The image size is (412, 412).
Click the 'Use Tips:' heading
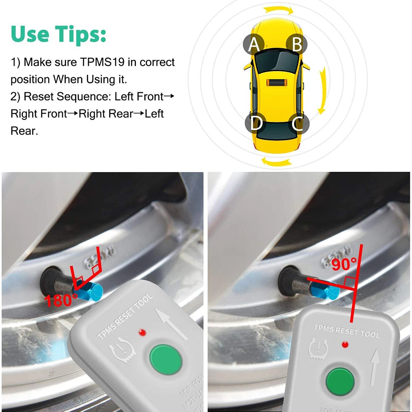click(x=58, y=35)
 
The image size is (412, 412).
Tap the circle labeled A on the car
click(x=254, y=44)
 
